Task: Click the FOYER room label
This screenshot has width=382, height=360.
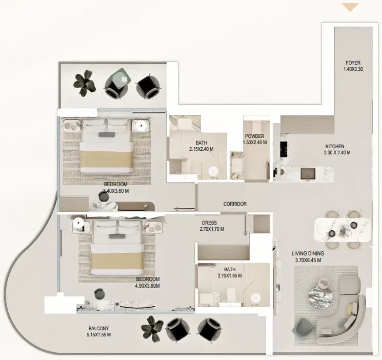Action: [x=353, y=63]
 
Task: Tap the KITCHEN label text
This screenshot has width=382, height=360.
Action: [x=335, y=147]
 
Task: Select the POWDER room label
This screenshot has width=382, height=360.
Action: [x=254, y=136]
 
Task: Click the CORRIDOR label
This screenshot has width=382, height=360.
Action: [x=235, y=204]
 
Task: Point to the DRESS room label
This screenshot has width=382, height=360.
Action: [x=209, y=223]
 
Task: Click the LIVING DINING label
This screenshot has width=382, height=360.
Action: [x=308, y=253]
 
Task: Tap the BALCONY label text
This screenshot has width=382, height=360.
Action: [x=98, y=328]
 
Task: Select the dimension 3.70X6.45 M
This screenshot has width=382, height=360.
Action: [x=308, y=260]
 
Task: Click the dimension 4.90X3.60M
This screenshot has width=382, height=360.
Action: [x=147, y=286]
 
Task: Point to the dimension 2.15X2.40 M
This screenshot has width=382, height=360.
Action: [x=201, y=149]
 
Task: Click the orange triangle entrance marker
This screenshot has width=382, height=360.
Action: [x=350, y=7]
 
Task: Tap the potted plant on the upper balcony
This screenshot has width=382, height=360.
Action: [x=84, y=83]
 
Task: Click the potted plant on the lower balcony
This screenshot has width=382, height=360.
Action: [x=152, y=328]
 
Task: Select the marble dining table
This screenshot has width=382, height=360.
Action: [x=343, y=230]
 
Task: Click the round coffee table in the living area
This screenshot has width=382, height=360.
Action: [x=320, y=297]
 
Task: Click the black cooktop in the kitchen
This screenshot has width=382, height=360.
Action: [x=284, y=148]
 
